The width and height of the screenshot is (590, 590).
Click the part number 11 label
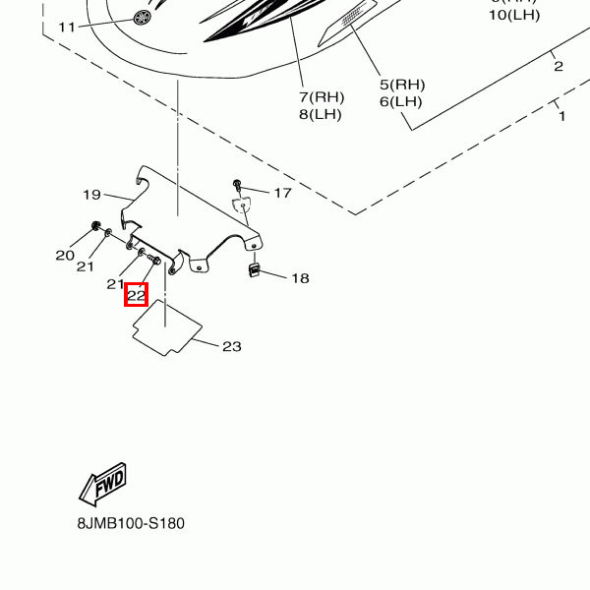(67, 27)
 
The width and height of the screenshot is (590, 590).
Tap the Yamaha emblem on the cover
(144, 18)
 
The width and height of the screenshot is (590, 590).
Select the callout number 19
(92, 195)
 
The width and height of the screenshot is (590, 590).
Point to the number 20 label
(65, 256)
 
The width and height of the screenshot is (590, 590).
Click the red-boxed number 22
(136, 294)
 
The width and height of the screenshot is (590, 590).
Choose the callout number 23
(231, 346)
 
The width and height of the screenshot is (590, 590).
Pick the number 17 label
(282, 193)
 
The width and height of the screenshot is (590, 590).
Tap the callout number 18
(300, 278)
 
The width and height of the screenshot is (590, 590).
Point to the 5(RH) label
(402, 84)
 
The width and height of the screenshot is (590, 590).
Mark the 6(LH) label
(402, 101)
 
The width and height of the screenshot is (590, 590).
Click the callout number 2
(558, 66)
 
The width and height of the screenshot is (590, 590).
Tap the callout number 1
(562, 116)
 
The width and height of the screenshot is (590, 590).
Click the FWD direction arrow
(103, 484)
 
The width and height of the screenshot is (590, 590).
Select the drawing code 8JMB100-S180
(131, 523)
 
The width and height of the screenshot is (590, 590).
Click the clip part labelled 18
(252, 269)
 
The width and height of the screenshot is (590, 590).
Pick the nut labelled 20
(95, 227)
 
